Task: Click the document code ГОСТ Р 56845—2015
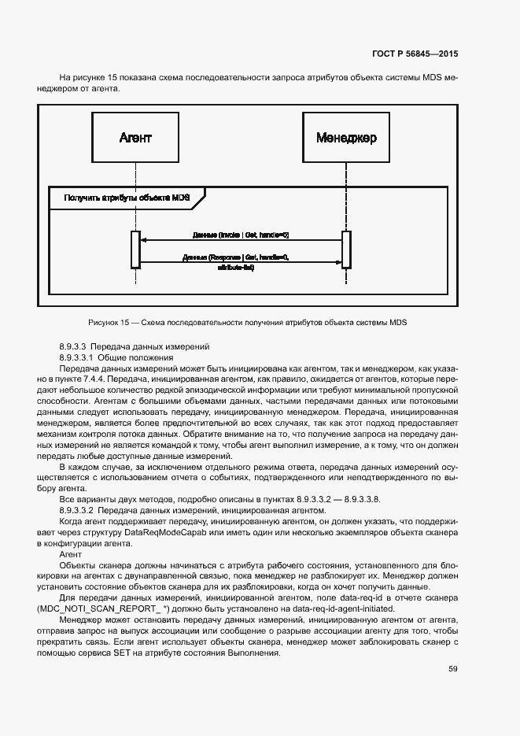point(415,54)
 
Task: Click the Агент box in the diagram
point(135,138)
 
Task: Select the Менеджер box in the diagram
point(346,138)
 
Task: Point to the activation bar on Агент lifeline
point(135,250)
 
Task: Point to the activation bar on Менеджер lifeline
point(346,250)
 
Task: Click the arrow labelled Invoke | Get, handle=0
point(241,240)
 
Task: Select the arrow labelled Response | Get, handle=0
point(241,262)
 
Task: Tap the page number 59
point(452,669)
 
